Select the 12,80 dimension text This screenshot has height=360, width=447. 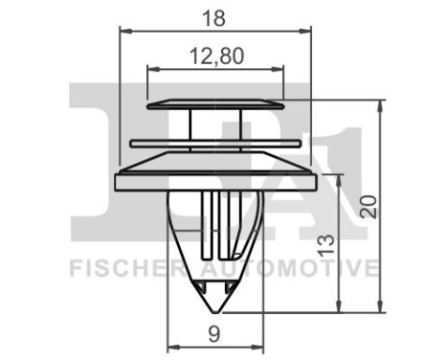[x=216, y=56]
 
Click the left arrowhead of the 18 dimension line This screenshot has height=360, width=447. [x=123, y=30]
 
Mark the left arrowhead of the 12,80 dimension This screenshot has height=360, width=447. [x=151, y=70]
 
